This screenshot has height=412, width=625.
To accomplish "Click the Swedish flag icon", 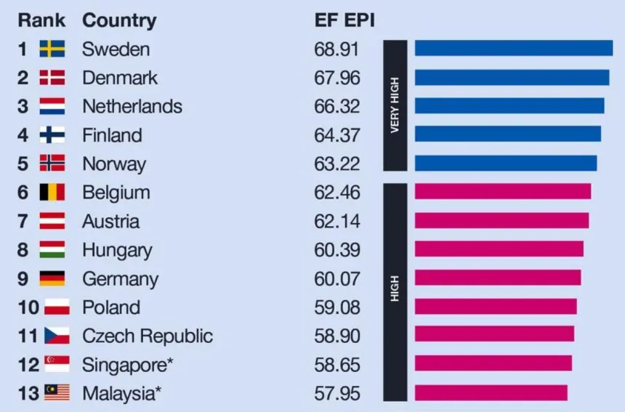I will [x=52, y=49].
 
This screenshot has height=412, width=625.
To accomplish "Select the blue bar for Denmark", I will [x=512, y=78].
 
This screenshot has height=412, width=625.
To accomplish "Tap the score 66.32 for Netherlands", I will [x=336, y=107].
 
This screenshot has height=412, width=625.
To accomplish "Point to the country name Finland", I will [x=112, y=135].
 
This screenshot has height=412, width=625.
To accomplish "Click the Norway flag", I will [x=52, y=163].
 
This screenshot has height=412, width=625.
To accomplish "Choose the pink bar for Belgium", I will [x=502, y=192].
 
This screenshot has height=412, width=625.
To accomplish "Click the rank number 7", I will [x=23, y=221].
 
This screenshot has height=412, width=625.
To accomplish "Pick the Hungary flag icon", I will [x=52, y=250].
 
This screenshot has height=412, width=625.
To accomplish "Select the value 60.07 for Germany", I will [x=336, y=279].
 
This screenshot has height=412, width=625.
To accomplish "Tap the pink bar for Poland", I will [x=495, y=307].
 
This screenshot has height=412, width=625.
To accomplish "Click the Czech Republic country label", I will [x=148, y=336].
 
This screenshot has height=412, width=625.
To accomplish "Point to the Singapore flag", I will [x=57, y=364].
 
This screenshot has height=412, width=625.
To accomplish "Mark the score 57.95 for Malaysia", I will [x=336, y=393].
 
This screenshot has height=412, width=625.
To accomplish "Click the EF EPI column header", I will [x=344, y=20].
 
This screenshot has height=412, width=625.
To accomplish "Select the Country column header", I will [x=119, y=20].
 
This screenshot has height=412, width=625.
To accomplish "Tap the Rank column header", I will [x=41, y=20].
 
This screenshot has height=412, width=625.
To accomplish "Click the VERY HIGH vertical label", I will [x=395, y=106].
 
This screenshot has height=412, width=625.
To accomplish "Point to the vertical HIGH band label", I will [x=395, y=291].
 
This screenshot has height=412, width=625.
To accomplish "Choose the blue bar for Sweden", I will [x=513, y=49].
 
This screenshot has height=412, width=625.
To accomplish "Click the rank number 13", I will [x=28, y=393].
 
